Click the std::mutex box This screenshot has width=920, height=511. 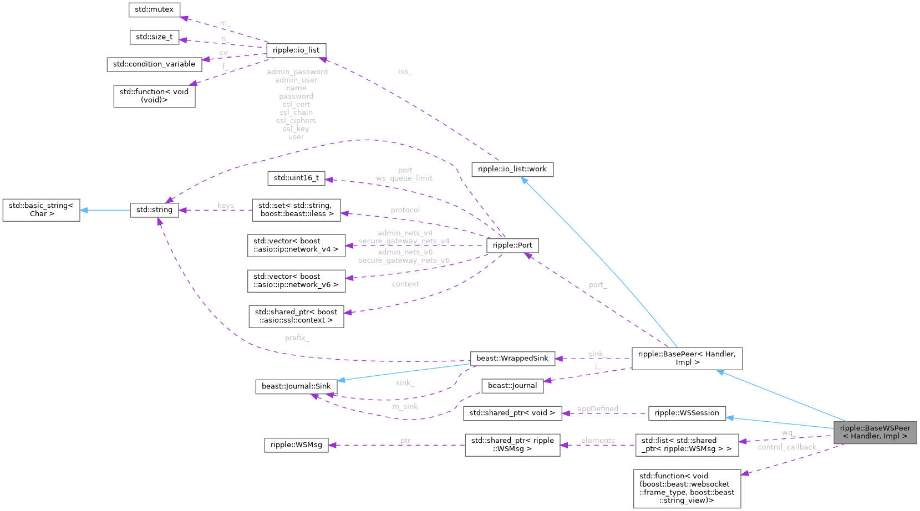click(154, 9)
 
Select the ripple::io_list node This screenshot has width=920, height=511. click(296, 50)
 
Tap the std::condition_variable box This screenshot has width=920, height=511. click(154, 64)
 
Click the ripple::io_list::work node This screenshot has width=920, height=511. click(512, 169)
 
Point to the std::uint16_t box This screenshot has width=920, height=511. click(296, 178)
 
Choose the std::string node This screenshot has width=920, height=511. click(154, 209)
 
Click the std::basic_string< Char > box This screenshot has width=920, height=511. click(41, 209)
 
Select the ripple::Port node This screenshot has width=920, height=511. click(512, 245)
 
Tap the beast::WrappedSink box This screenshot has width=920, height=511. click(512, 358)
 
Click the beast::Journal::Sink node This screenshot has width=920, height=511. click(296, 386)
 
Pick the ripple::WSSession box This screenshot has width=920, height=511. click(687, 413)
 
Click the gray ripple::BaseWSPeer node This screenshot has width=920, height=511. click(875, 432)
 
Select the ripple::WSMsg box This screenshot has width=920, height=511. click(296, 444)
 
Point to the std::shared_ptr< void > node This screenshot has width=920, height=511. click(512, 413)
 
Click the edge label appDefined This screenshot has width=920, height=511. click(598, 408)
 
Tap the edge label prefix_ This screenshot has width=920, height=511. click(297, 338)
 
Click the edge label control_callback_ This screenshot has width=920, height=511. click(787, 447)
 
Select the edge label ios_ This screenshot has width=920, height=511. click(405, 71)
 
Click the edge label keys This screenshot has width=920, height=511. click(226, 205)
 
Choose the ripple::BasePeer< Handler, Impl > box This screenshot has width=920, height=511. click(687, 358)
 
